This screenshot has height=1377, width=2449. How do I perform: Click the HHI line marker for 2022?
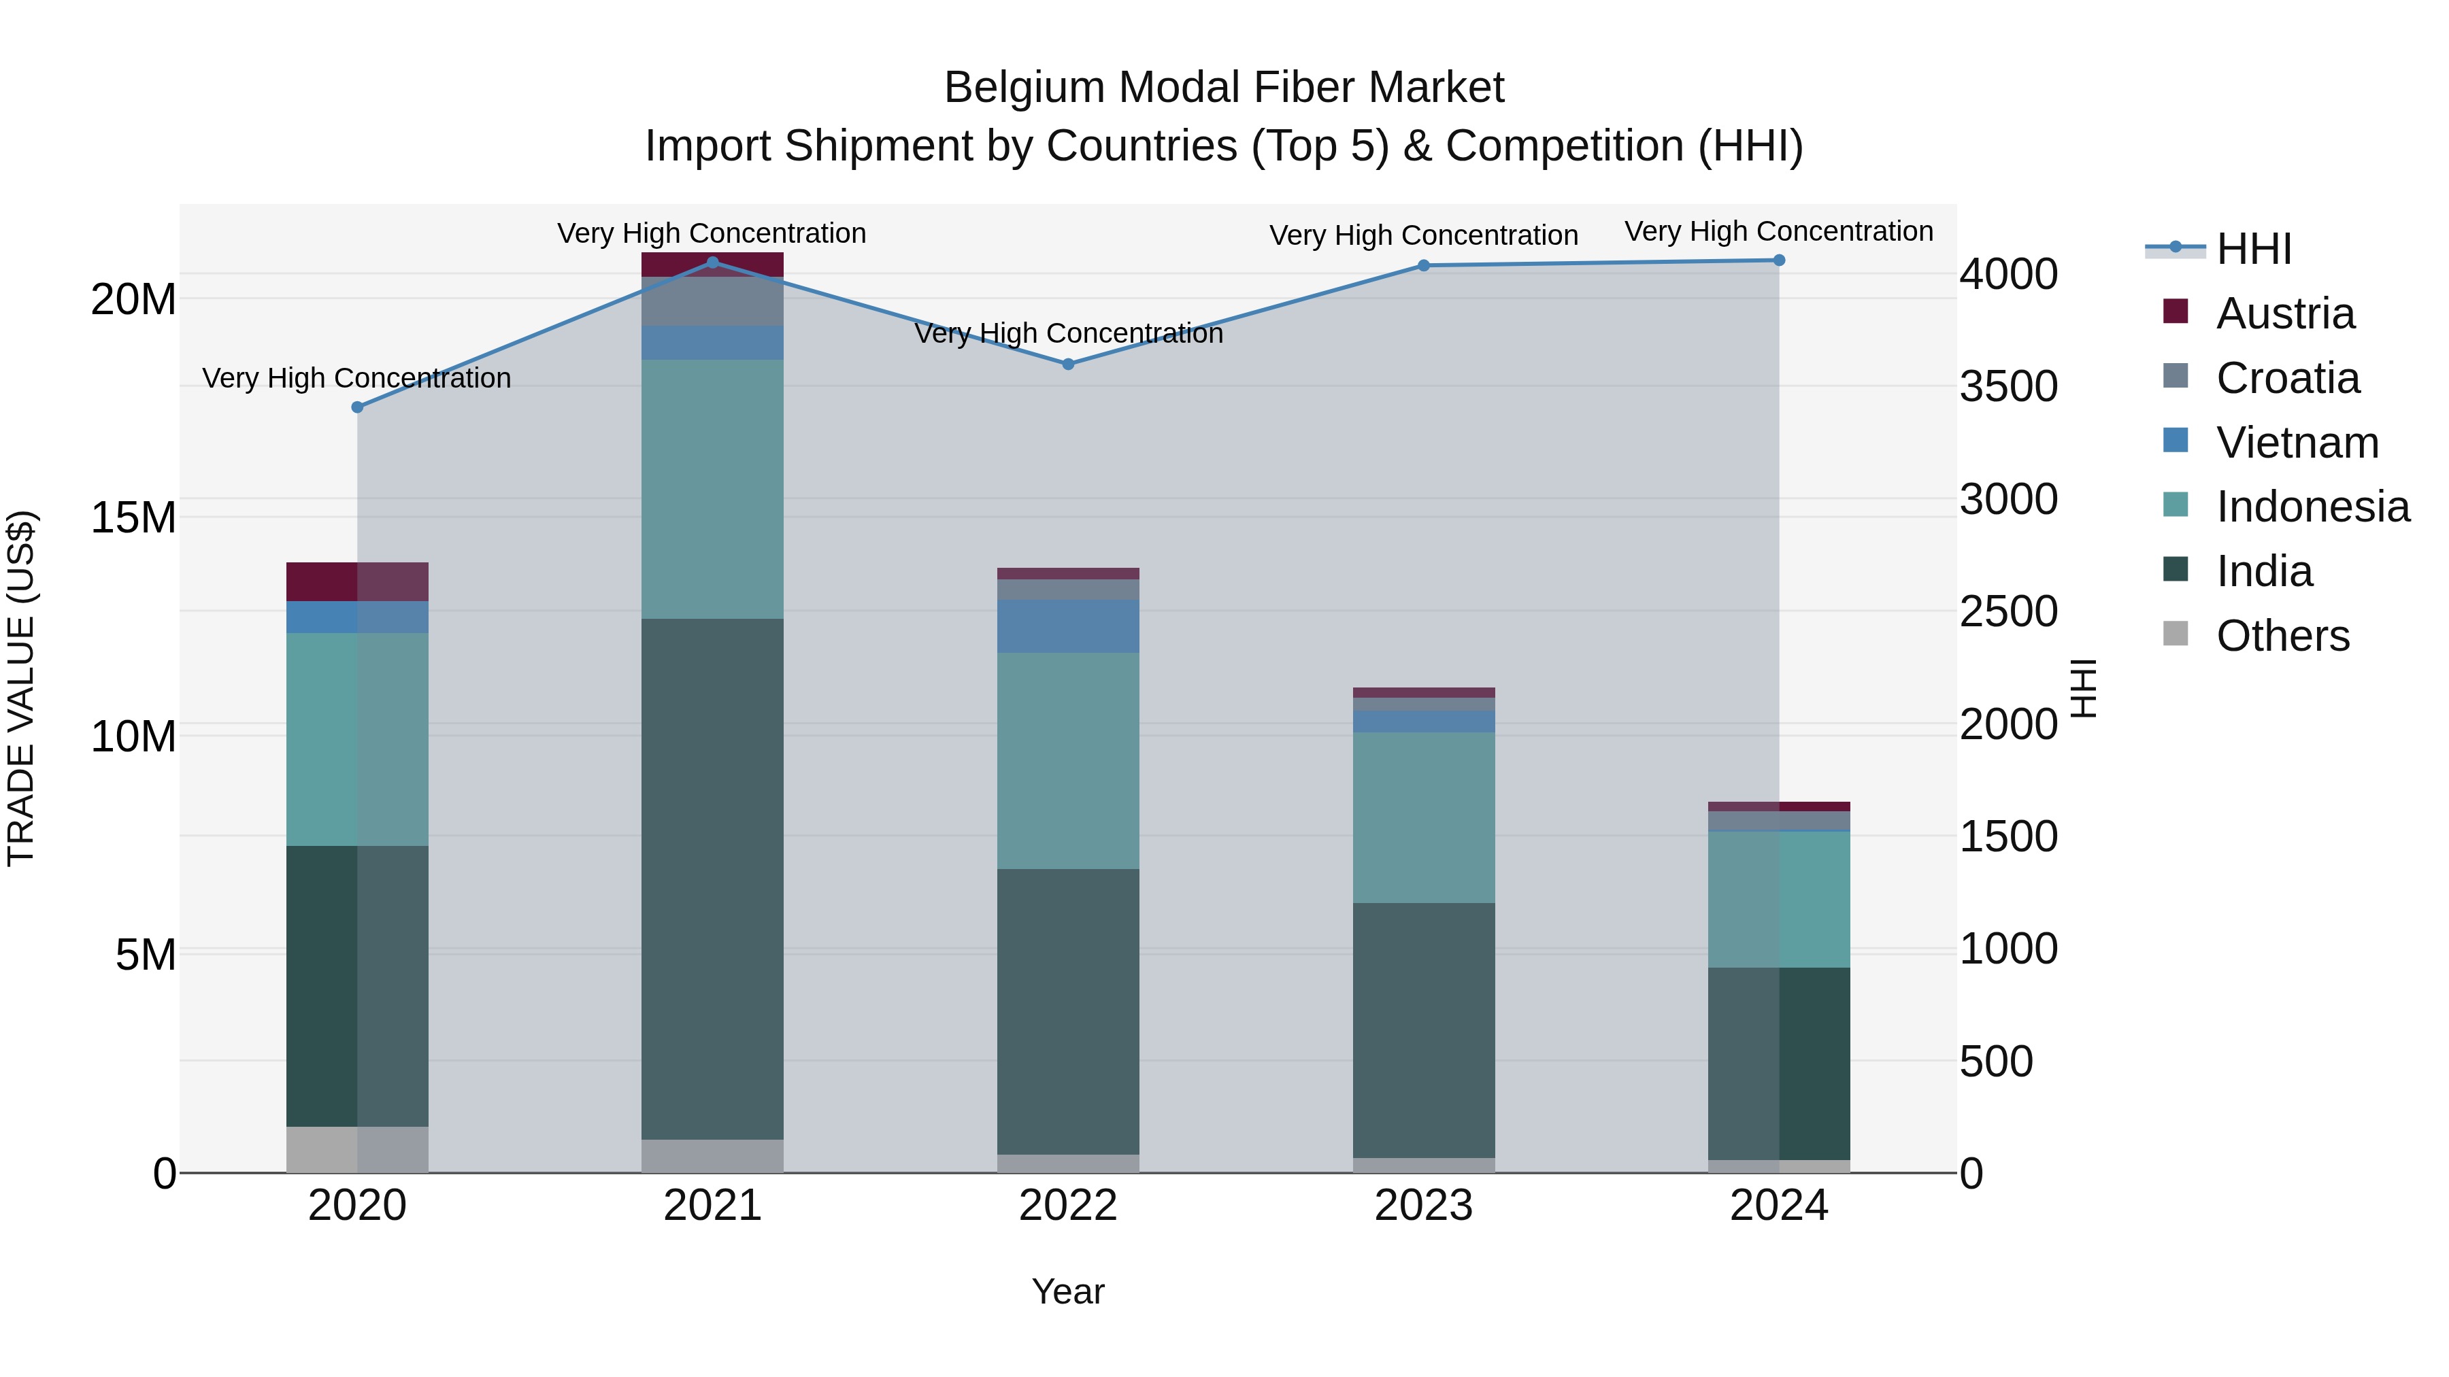(1067, 364)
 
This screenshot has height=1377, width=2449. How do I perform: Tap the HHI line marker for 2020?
(357, 407)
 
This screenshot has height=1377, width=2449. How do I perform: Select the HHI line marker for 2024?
(1779, 260)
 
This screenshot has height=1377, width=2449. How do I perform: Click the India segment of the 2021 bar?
(712, 879)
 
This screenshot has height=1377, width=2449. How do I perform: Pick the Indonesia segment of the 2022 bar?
(1067, 760)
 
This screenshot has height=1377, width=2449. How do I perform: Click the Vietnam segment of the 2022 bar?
(1067, 626)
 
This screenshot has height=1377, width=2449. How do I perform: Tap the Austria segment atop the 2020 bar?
(357, 581)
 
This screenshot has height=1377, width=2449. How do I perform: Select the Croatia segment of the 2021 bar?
(712, 302)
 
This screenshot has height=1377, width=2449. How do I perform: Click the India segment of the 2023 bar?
(1423, 1030)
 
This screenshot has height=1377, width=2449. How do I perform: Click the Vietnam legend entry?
(2296, 443)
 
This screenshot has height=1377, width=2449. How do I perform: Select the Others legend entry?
(2282, 636)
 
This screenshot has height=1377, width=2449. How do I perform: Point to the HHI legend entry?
(2253, 249)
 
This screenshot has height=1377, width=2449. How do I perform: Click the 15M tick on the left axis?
(133, 518)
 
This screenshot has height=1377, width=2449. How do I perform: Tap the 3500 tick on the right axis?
(2008, 387)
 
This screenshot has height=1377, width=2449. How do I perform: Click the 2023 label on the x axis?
(1423, 1206)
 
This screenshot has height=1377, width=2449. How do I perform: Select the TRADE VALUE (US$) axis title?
(21, 688)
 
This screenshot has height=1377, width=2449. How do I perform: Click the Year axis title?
(1067, 1291)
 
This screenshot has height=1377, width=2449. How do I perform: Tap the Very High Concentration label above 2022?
(1067, 334)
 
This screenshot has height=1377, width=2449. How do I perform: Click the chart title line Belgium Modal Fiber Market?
(1224, 88)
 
